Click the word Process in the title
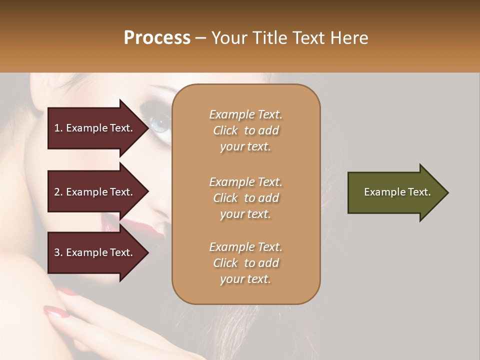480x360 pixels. [x=157, y=38]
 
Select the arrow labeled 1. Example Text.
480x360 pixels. [x=95, y=128]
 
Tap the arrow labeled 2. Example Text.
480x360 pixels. [x=95, y=192]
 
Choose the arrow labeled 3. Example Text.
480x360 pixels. [x=95, y=252]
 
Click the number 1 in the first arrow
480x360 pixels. [x=57, y=128]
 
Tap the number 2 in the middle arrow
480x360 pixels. [x=57, y=192]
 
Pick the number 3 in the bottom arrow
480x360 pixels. [x=57, y=252]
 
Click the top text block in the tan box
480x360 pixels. [x=245, y=130]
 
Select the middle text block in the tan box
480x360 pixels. [x=245, y=198]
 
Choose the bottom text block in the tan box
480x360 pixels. [x=245, y=263]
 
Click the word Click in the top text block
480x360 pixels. [x=225, y=130]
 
